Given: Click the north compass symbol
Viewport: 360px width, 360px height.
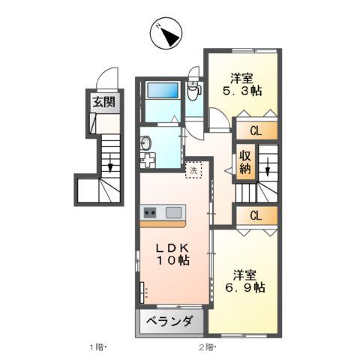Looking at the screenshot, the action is point(166,33).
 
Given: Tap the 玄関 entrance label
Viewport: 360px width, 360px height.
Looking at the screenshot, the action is point(104,102).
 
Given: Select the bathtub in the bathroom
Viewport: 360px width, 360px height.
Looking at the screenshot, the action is point(163,91).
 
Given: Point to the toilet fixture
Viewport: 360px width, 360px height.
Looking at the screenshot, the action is point(193,91).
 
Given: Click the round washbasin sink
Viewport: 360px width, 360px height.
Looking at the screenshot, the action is point(146,143).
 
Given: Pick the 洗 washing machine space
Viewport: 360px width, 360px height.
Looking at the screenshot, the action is point(193,170).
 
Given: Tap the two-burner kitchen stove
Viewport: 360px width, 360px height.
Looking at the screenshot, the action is point(150,213).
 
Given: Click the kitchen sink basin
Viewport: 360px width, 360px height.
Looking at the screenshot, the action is point(174,213).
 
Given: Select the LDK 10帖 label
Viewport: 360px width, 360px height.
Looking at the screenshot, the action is point(172,254).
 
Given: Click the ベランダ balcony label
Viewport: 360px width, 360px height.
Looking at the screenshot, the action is point(169,321).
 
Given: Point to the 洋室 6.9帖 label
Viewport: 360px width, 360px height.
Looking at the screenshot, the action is point(245,281).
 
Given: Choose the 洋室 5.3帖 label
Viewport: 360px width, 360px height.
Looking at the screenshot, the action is point(242,85).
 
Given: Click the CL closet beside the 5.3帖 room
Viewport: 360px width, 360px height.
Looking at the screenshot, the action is point(256,130).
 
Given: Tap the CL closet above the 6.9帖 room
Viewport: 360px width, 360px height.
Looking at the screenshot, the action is point(256,215).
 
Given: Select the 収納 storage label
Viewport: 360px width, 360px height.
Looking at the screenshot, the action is point(245,163).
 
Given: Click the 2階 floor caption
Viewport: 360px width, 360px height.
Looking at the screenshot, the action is point(207,347).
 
